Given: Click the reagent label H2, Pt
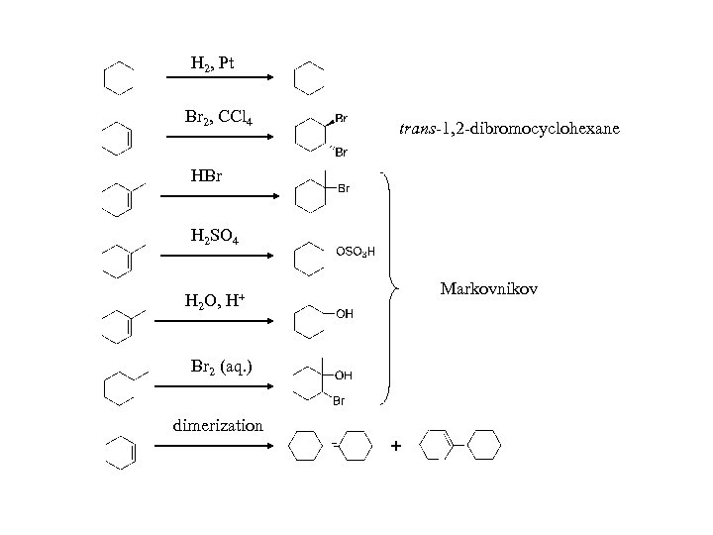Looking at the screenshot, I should [212, 64].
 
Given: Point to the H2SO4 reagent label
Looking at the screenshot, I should [213, 237].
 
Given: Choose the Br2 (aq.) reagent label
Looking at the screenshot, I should [221, 367].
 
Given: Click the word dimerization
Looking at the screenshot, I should [218, 426].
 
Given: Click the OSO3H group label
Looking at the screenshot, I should [356, 252].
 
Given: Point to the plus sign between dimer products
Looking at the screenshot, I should [396, 448].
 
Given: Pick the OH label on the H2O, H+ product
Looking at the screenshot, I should [345, 314].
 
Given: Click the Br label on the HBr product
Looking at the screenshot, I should [344, 187].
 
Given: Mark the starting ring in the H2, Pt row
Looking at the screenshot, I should [119, 76].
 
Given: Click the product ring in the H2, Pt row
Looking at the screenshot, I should [310, 76].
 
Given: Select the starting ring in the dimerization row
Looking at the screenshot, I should [120, 453].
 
